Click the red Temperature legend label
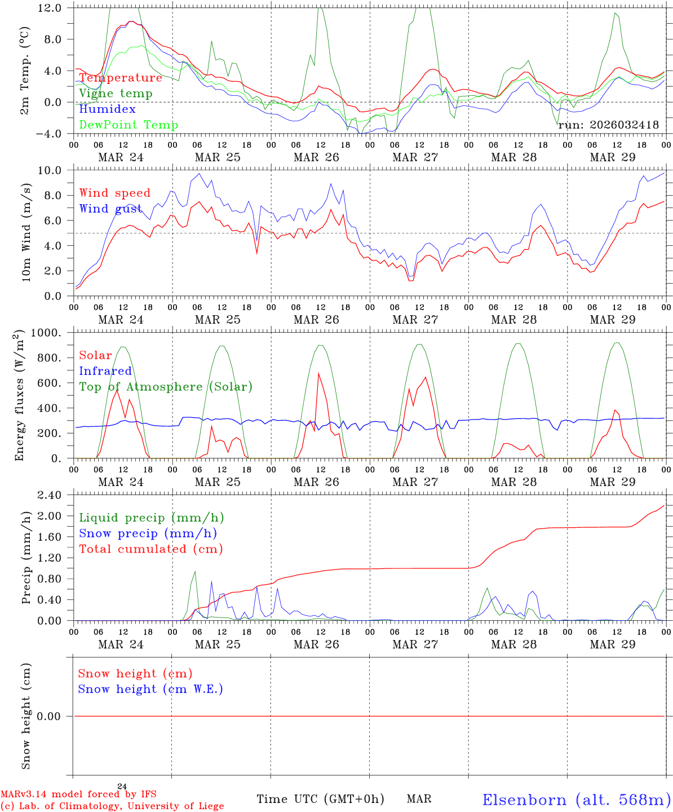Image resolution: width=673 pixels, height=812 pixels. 121,78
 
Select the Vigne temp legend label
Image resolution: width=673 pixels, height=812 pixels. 116,94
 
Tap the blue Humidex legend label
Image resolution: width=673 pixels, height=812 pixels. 107,109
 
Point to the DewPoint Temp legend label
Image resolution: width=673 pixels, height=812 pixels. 129,125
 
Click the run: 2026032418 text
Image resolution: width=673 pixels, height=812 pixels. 608,125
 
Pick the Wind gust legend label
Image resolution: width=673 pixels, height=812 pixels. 110,209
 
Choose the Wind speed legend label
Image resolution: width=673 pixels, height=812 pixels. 115,193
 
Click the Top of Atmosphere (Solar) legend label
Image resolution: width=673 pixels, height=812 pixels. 166,387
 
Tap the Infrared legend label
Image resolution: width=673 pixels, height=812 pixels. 105,371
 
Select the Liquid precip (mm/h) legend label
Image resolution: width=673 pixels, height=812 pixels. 152,518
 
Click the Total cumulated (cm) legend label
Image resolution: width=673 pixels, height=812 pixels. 151,549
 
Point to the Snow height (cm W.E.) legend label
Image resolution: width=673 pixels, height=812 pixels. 150,689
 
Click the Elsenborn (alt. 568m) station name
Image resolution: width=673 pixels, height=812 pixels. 576,800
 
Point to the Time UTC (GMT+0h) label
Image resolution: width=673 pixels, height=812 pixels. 320,799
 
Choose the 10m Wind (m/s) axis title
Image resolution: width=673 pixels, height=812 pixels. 26,233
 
